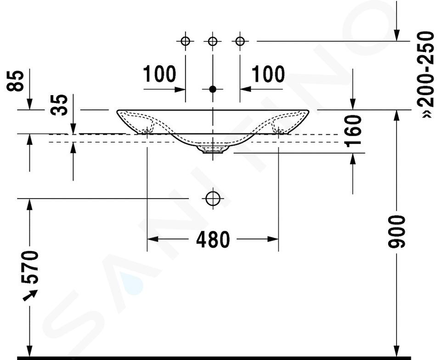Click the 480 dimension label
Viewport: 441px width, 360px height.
[213, 240]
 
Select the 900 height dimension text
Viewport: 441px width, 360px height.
[396, 232]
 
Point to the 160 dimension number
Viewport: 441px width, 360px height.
[353, 131]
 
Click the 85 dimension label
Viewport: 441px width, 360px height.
[15, 81]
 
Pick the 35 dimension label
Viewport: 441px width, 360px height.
[59, 105]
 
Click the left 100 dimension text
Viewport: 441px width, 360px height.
[159, 74]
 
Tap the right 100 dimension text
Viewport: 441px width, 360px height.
[268, 74]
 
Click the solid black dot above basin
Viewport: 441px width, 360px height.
[213, 89]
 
